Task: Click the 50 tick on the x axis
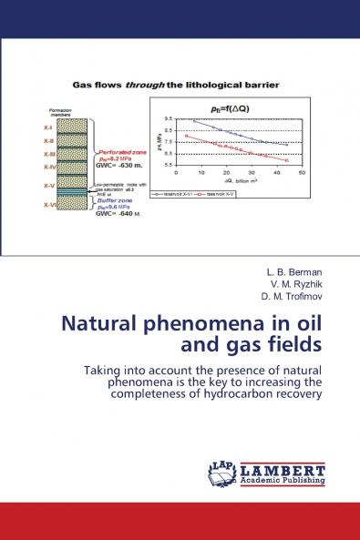[302, 172]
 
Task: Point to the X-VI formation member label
[49, 205]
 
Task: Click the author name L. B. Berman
[286, 272]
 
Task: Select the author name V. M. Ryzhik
[285, 284]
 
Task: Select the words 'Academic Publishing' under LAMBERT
[283, 480]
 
